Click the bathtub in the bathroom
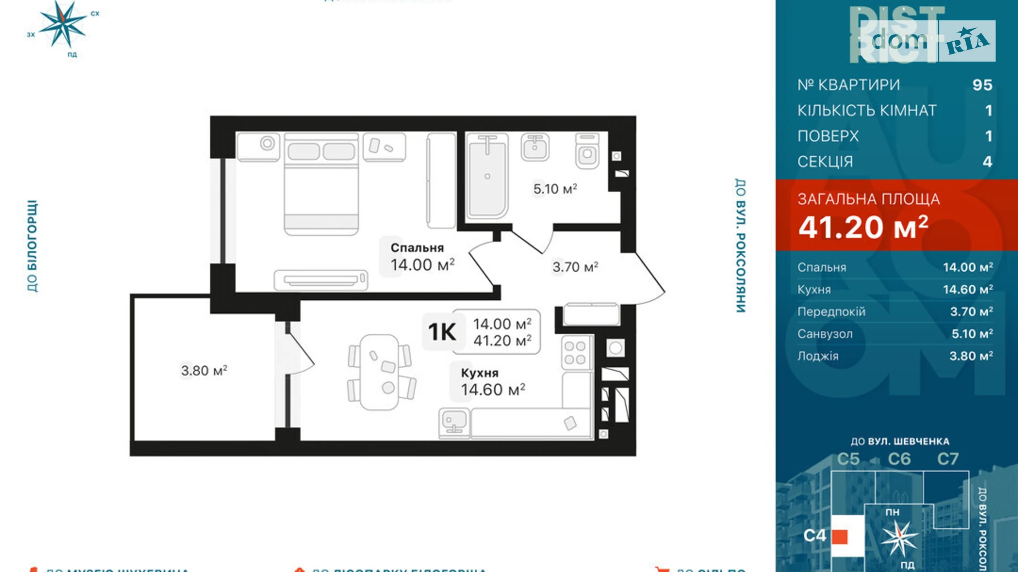click(487, 176)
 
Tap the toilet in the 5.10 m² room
click(587, 151)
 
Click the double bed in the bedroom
click(321, 184)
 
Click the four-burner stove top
click(575, 353)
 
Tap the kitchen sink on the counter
click(454, 423)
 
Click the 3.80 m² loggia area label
click(204, 371)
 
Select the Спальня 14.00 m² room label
click(422, 257)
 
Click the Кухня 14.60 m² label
click(492, 382)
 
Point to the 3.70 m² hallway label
click(575, 267)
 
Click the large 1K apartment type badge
click(442, 332)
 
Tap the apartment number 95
click(982, 85)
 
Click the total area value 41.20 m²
click(863, 227)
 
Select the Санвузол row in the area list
click(895, 334)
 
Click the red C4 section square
click(840, 536)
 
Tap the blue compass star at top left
click(63, 24)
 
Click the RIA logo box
click(967, 41)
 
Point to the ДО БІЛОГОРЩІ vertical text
click(32, 245)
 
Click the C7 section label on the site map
click(948, 459)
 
